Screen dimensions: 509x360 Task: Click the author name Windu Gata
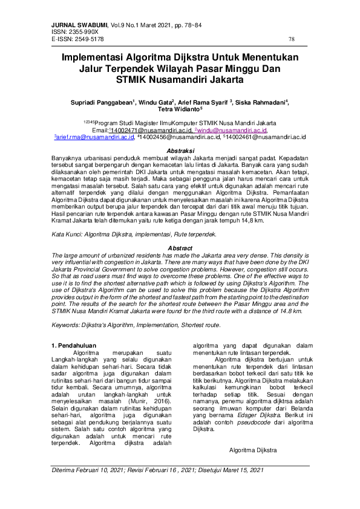(155, 103)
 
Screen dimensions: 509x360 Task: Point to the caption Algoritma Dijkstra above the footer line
(254, 450)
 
